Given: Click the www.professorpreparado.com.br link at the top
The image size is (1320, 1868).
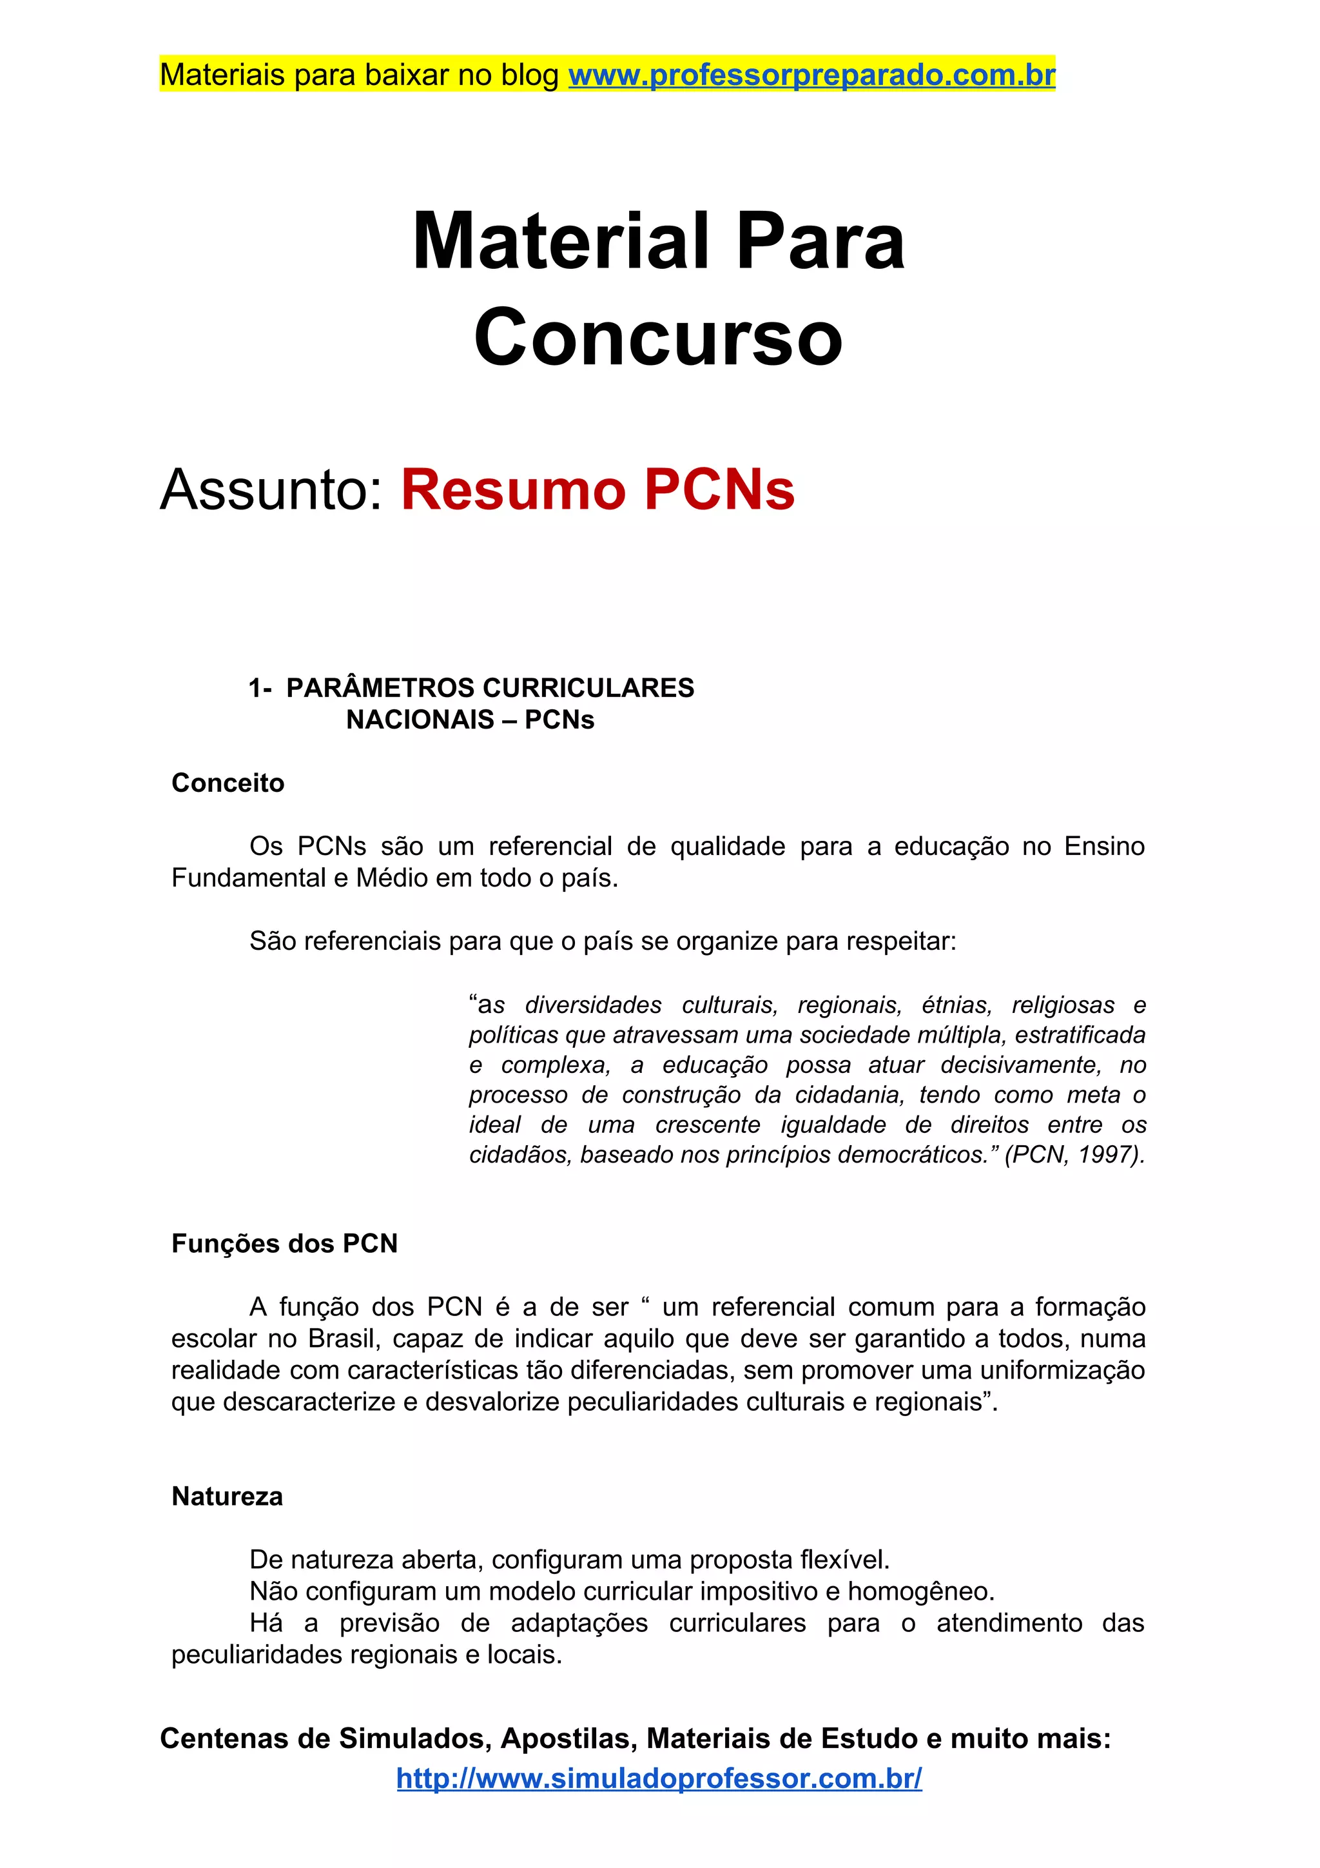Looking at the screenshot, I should [x=811, y=75].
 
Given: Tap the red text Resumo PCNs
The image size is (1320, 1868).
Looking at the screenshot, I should [x=597, y=490].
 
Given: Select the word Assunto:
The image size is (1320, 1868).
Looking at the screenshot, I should [x=271, y=490].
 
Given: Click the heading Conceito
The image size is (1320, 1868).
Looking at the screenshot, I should [x=228, y=783].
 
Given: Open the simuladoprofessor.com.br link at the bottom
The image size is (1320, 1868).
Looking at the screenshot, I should [x=659, y=1778].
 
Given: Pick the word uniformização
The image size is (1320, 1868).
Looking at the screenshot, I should [x=1062, y=1370].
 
